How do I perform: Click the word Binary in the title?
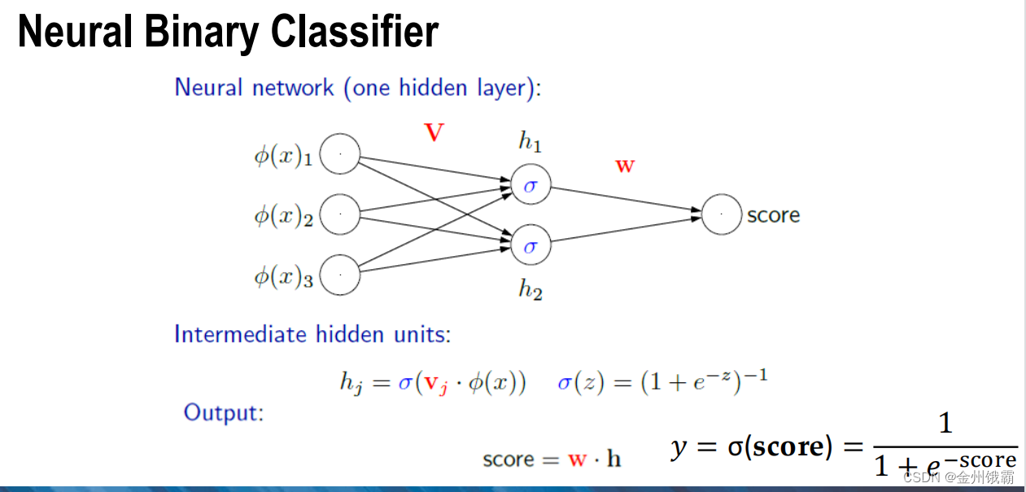tap(202, 32)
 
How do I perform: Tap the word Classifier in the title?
tap(355, 30)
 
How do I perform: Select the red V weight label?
tap(434, 133)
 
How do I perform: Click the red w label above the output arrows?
tap(625, 166)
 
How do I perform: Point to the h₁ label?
tap(530, 141)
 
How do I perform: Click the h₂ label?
tap(530, 290)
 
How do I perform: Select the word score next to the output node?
tap(774, 216)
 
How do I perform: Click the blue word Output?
tap(224, 413)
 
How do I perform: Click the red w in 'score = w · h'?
tap(577, 459)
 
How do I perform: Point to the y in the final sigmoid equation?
tap(679, 447)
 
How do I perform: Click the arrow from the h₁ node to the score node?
tap(627, 199)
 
